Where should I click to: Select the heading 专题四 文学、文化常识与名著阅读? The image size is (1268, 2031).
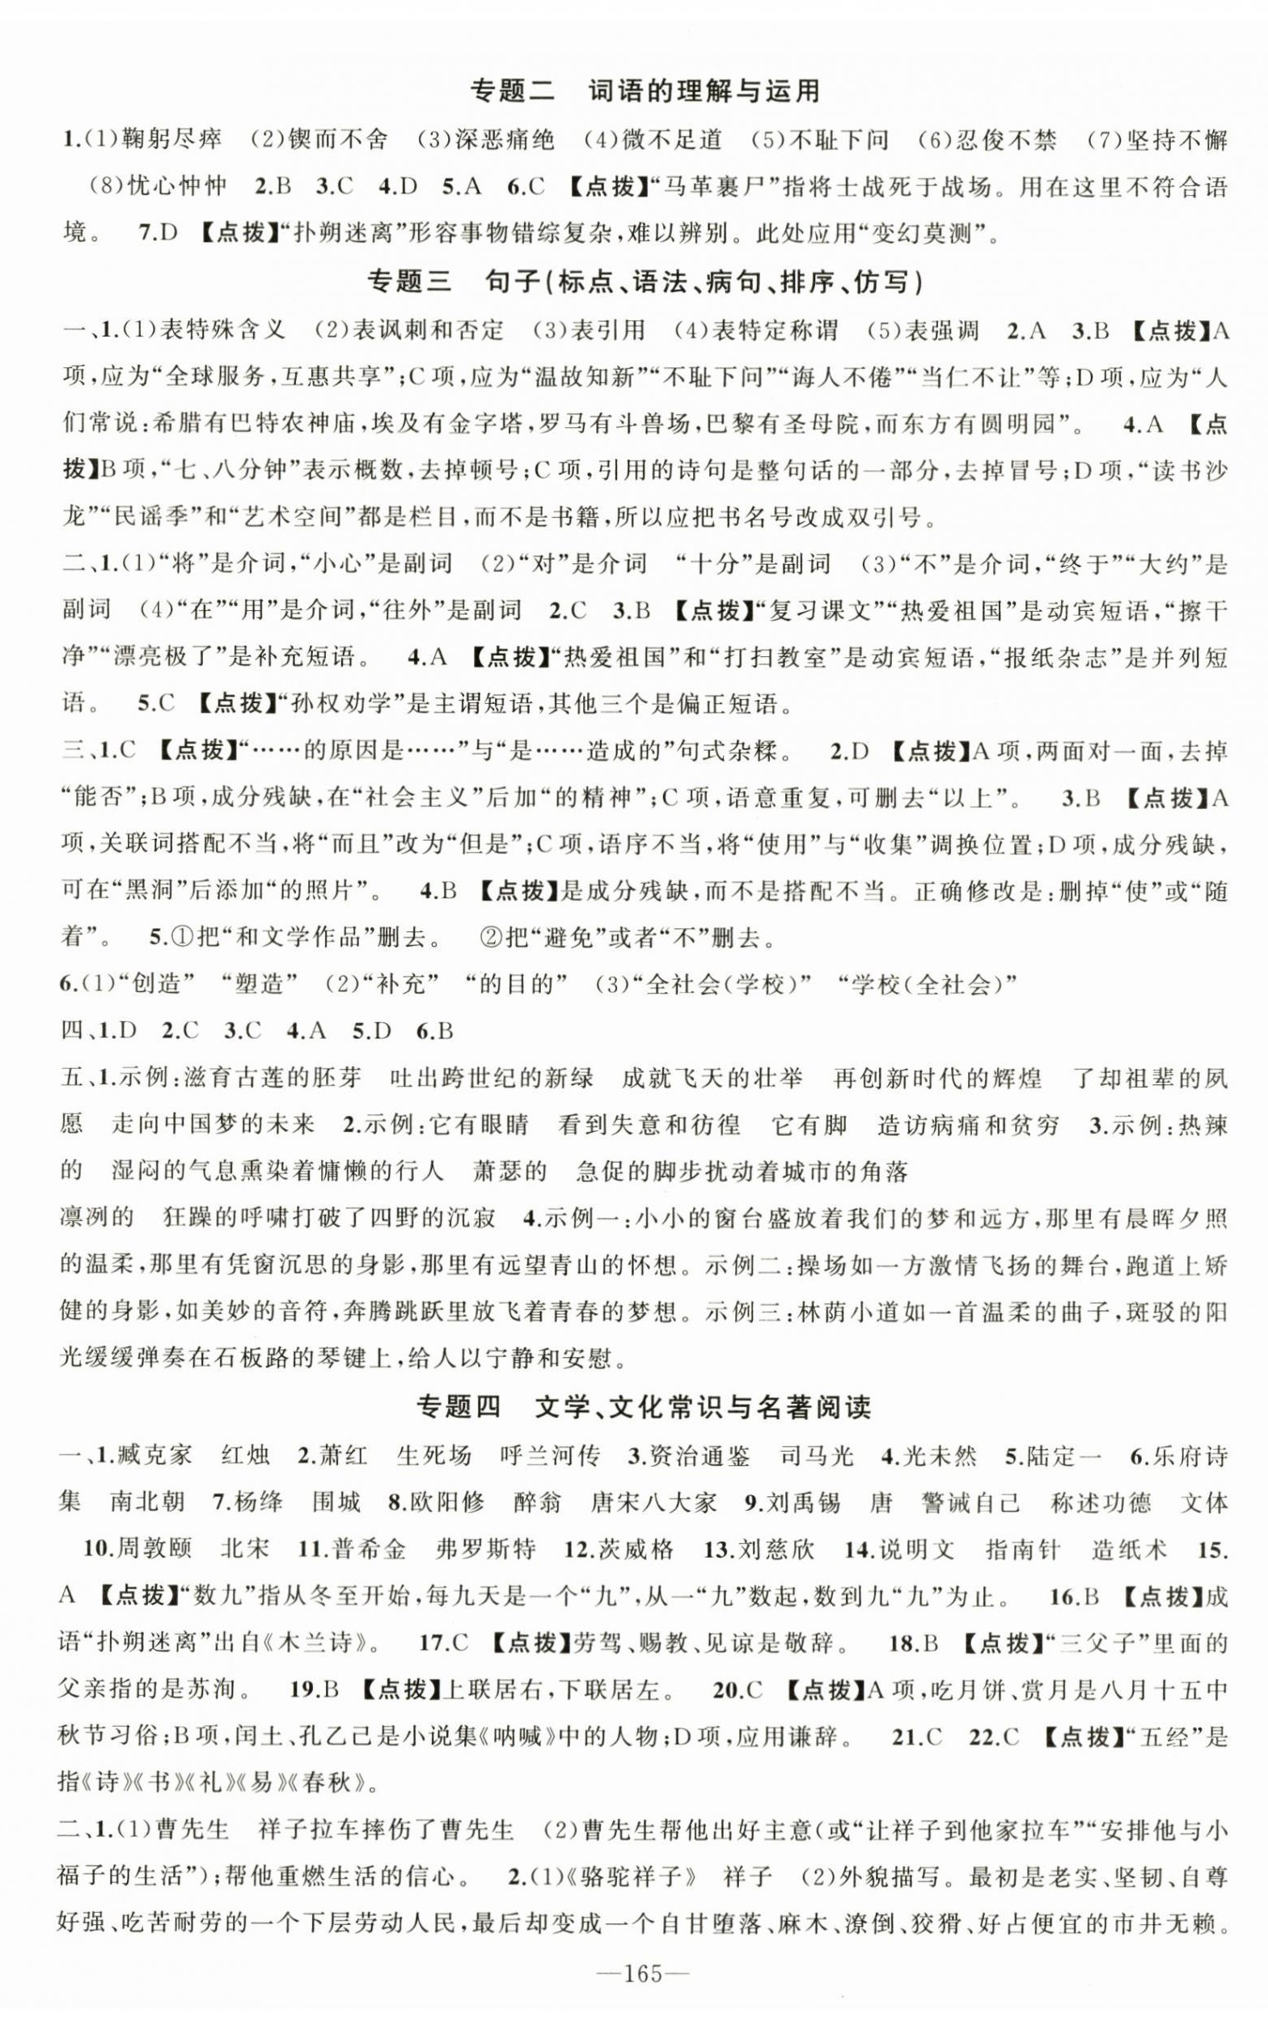point(643,1406)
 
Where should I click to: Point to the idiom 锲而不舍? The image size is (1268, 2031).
point(338,139)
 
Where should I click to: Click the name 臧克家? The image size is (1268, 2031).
point(155,1455)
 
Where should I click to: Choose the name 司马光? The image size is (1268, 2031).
point(817,1455)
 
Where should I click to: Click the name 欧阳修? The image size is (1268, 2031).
point(447,1502)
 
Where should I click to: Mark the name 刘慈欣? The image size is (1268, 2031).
point(776,1549)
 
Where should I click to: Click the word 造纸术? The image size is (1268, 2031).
point(1129,1549)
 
